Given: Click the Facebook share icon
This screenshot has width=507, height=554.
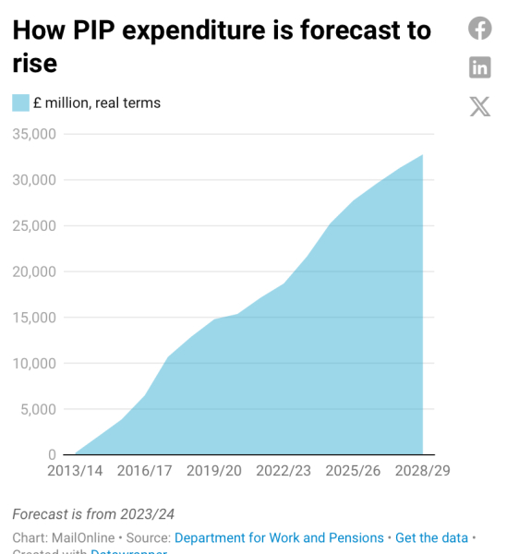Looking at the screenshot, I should point(480,29).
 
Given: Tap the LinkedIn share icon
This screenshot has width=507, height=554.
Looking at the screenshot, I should point(480,66).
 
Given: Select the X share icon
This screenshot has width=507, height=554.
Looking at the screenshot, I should point(480,106).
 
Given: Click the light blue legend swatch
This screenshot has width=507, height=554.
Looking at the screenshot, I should point(20,102).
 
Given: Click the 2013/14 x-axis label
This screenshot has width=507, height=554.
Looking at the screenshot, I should point(76,471).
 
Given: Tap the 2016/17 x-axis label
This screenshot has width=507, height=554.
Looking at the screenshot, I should point(145,471).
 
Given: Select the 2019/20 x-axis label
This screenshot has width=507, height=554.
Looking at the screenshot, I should point(214,471).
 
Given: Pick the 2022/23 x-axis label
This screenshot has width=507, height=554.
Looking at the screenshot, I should point(284,471).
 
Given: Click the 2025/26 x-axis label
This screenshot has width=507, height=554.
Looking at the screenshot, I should point(353,471).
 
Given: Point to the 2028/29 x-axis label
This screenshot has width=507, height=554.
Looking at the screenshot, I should point(422,471).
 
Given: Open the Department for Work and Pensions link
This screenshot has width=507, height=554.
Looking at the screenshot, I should point(279,537).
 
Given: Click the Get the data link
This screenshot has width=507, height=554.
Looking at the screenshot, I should point(431,537).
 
